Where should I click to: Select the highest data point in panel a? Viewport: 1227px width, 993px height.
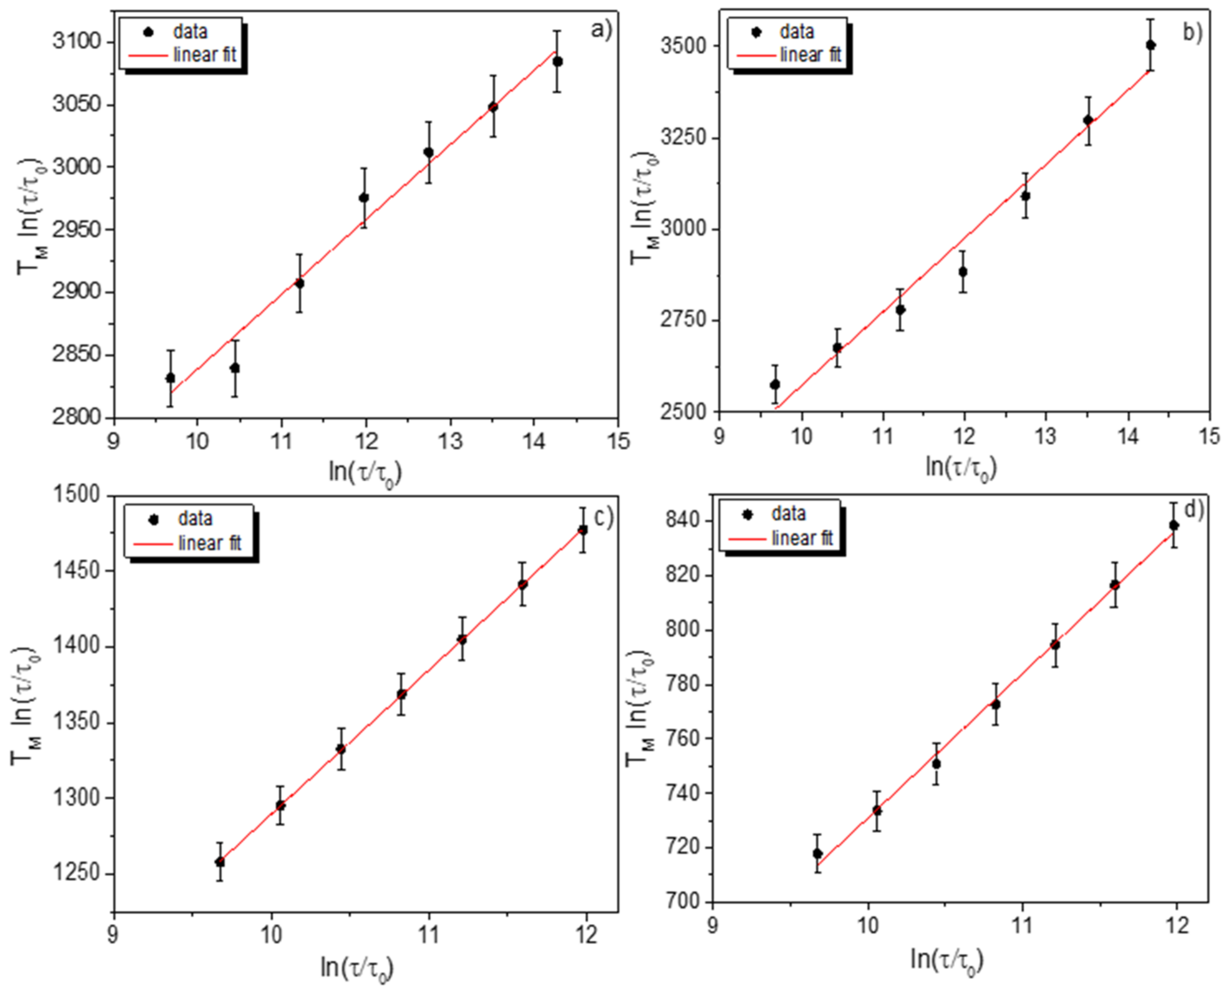pyautogui.click(x=557, y=62)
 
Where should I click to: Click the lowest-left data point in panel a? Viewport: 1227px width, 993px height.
pyautogui.click(x=170, y=378)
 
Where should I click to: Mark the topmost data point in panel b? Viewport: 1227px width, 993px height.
pyautogui.click(x=1150, y=45)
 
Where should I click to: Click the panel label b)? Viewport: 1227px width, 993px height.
pyautogui.click(x=1193, y=33)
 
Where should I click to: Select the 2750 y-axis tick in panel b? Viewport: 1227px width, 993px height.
pyautogui.click(x=684, y=320)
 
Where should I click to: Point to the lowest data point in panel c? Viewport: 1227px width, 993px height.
pyautogui.click(x=220, y=861)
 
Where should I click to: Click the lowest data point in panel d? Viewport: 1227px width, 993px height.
pyautogui.click(x=818, y=853)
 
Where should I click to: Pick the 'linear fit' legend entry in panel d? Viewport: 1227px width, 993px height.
pyautogui.click(x=801, y=538)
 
